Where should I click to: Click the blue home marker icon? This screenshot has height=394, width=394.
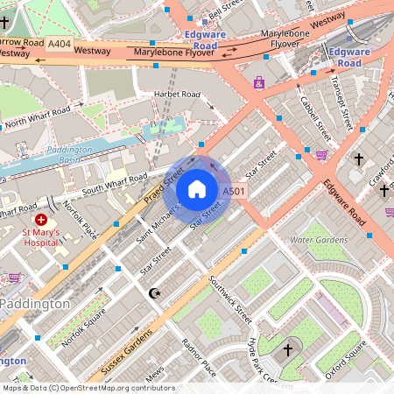[x=197, y=189]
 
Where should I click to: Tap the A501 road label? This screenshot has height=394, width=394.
[x=233, y=191]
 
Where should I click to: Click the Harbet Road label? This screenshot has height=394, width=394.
[x=178, y=94]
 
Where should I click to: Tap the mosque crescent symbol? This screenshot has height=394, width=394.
[x=155, y=292]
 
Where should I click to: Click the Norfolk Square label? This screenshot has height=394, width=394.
[x=85, y=327]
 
